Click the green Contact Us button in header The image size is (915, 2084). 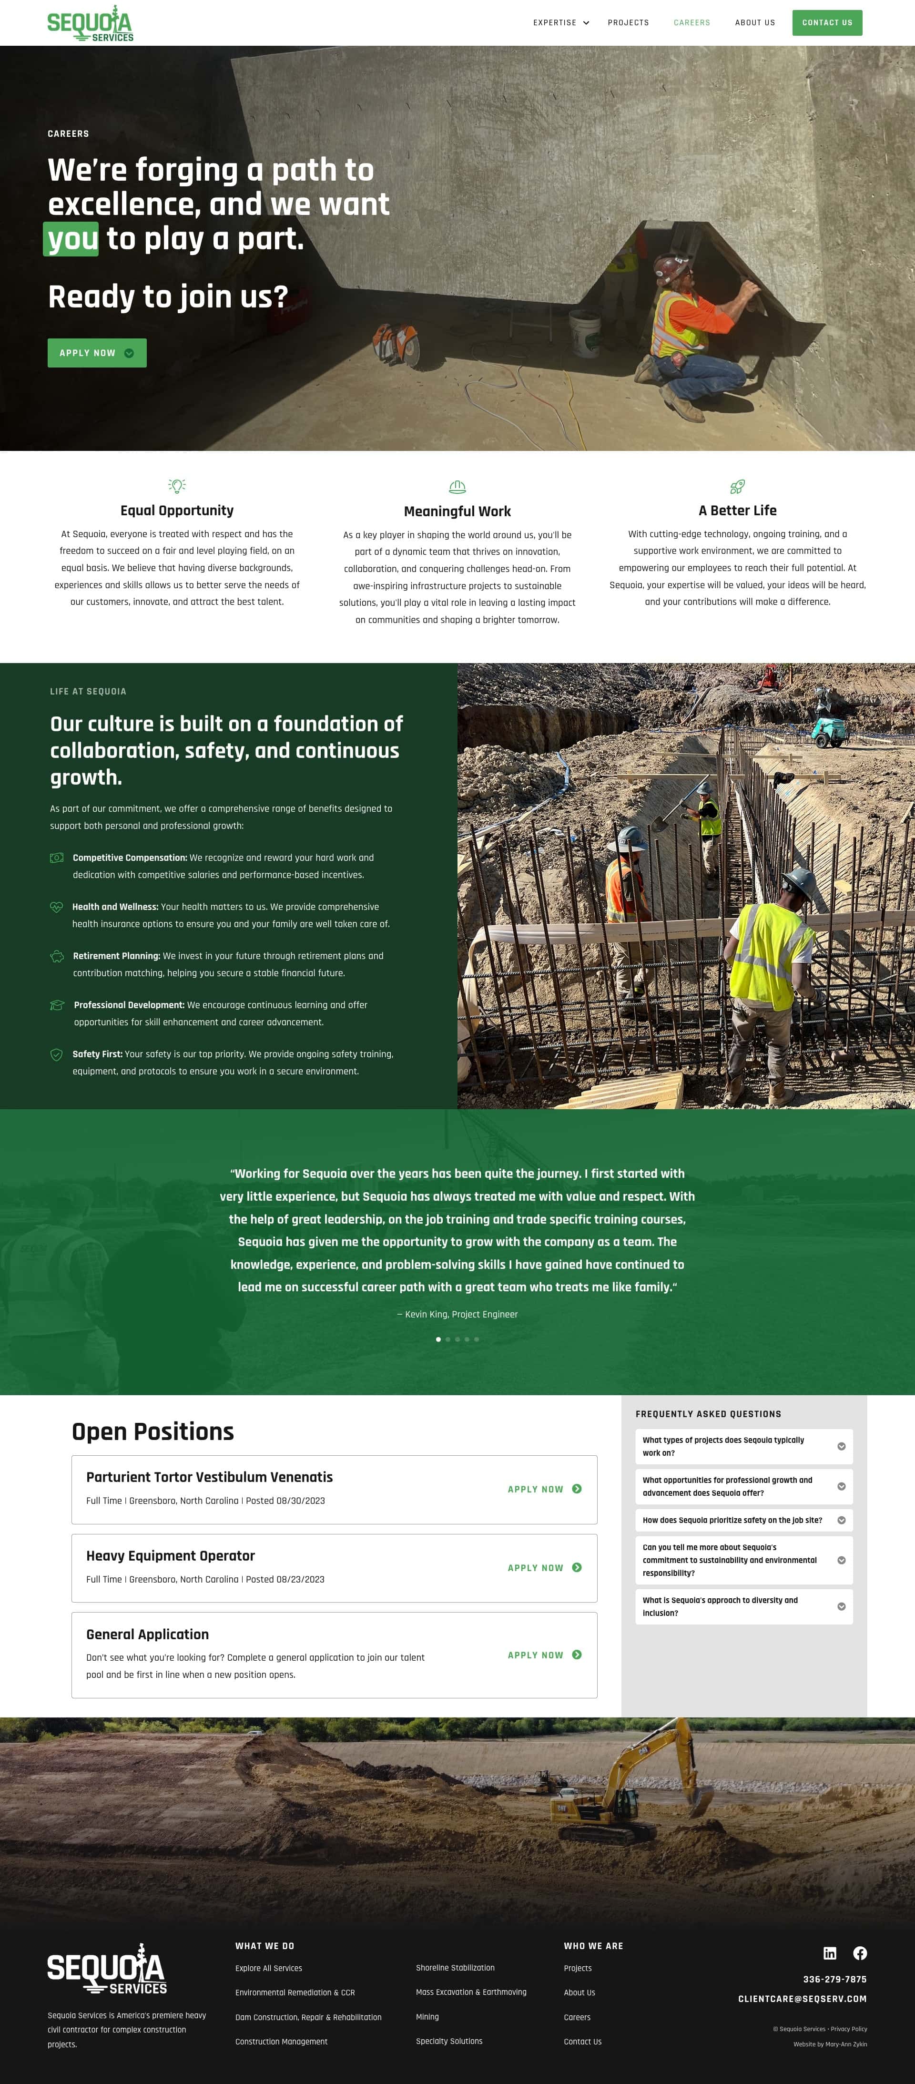(827, 23)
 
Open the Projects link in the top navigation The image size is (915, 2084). (628, 23)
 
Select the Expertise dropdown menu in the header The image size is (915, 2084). (560, 23)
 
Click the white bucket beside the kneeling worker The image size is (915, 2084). (584, 332)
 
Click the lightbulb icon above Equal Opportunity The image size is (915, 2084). (176, 485)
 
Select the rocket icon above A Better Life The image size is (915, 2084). (737, 486)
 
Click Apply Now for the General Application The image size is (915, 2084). (544, 1655)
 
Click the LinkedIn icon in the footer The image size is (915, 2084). (829, 1953)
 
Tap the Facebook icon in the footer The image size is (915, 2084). (860, 1953)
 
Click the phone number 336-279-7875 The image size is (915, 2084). (834, 1979)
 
